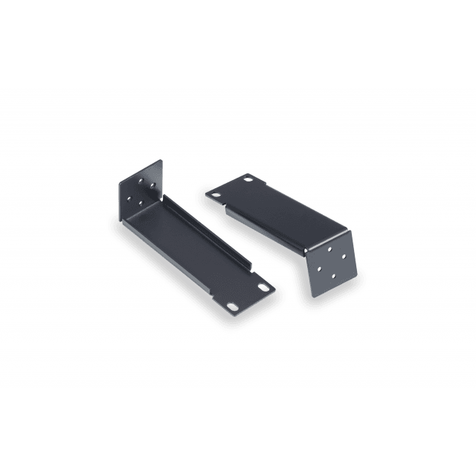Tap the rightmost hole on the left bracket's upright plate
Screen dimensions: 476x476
(x=152, y=184)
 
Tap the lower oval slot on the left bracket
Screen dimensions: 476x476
(x=234, y=305)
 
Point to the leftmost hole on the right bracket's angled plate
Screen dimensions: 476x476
(x=318, y=266)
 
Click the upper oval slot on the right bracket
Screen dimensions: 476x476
(x=248, y=179)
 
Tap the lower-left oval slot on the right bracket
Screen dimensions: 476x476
(x=216, y=195)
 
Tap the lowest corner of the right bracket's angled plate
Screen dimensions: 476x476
(x=313, y=296)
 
